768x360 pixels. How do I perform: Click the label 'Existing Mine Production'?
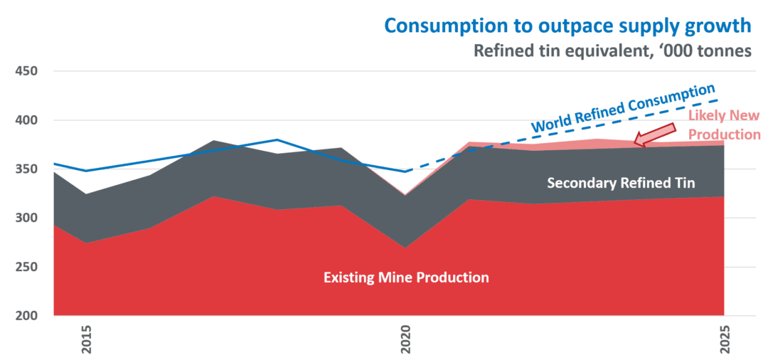406,277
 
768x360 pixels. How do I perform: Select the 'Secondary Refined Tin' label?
620,184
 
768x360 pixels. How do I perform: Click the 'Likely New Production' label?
724,125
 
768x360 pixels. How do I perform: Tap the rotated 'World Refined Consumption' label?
624,109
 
